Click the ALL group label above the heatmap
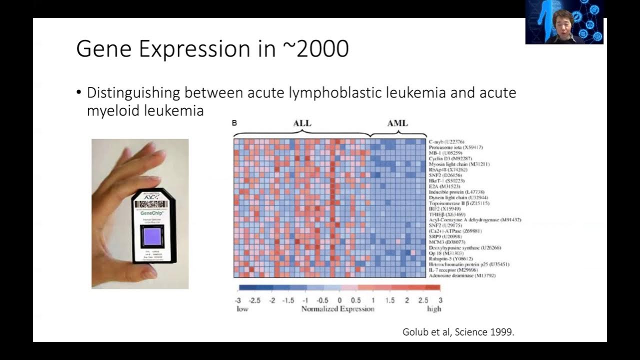click(301, 123)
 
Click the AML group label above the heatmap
click(397, 123)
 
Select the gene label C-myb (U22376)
click(446, 142)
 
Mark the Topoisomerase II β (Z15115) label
click(459, 203)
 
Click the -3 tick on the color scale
click(238, 300)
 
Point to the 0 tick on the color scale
click(339, 300)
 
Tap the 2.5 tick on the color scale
click(423, 300)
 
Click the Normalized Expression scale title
click(337, 309)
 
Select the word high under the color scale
click(434, 309)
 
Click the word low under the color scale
click(242, 309)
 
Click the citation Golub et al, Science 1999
click(458, 332)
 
